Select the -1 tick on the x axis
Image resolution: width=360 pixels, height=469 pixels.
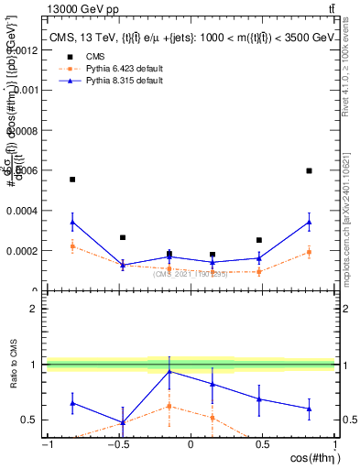click(x=46, y=444)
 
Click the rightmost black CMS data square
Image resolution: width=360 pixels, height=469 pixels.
click(x=310, y=170)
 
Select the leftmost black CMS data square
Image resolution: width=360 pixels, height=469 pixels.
click(x=72, y=180)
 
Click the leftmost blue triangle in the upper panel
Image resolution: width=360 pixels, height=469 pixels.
click(x=72, y=222)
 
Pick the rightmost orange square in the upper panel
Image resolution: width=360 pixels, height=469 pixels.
click(x=310, y=252)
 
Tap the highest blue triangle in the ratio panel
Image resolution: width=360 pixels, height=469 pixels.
click(x=169, y=371)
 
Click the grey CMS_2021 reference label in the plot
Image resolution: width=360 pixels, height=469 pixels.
click(x=190, y=274)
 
